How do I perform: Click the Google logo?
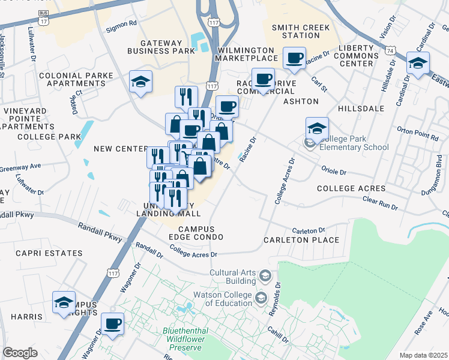coord(20,353)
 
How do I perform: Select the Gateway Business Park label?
coord(167,47)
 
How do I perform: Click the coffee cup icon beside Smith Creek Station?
coord(294,58)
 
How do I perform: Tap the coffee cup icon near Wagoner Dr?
coord(112,323)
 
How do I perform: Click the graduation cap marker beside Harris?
coord(64,302)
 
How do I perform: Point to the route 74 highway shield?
coord(391,52)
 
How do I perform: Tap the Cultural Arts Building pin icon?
coord(265,276)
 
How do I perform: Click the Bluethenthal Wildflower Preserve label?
coord(186,335)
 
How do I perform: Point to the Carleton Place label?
coord(301,240)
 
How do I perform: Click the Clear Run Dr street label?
coord(380,203)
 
